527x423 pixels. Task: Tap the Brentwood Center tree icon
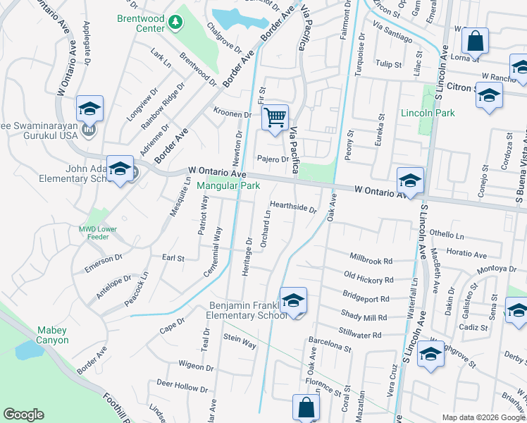click(175, 24)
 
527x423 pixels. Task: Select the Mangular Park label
click(228, 186)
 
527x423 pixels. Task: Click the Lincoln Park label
click(428, 113)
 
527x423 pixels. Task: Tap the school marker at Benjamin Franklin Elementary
click(293, 301)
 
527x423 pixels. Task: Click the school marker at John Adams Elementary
click(120, 169)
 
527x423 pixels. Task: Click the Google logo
click(24, 415)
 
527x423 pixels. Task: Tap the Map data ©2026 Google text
click(483, 417)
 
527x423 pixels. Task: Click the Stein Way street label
click(240, 341)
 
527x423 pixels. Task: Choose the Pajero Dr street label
click(273, 159)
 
